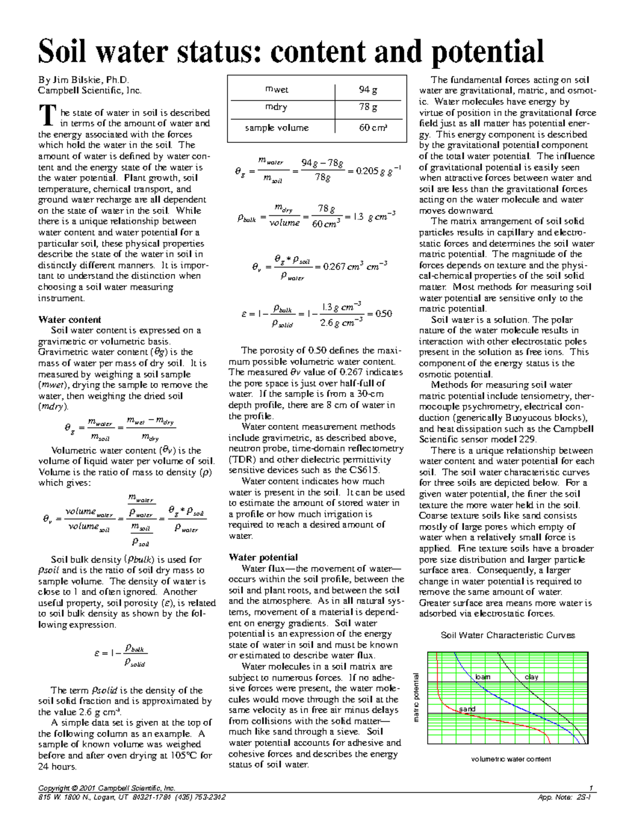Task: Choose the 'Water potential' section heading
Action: pos(263,557)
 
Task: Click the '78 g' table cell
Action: pos(368,107)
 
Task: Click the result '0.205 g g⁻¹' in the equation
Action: pos(370,171)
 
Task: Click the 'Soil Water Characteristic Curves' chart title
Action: pos(507,635)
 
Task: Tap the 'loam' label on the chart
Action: pos(483,677)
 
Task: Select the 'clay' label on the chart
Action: pos(531,677)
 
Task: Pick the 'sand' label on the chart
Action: pos(467,709)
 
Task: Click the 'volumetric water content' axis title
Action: pos(511,759)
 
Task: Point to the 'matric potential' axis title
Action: pos(416,697)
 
